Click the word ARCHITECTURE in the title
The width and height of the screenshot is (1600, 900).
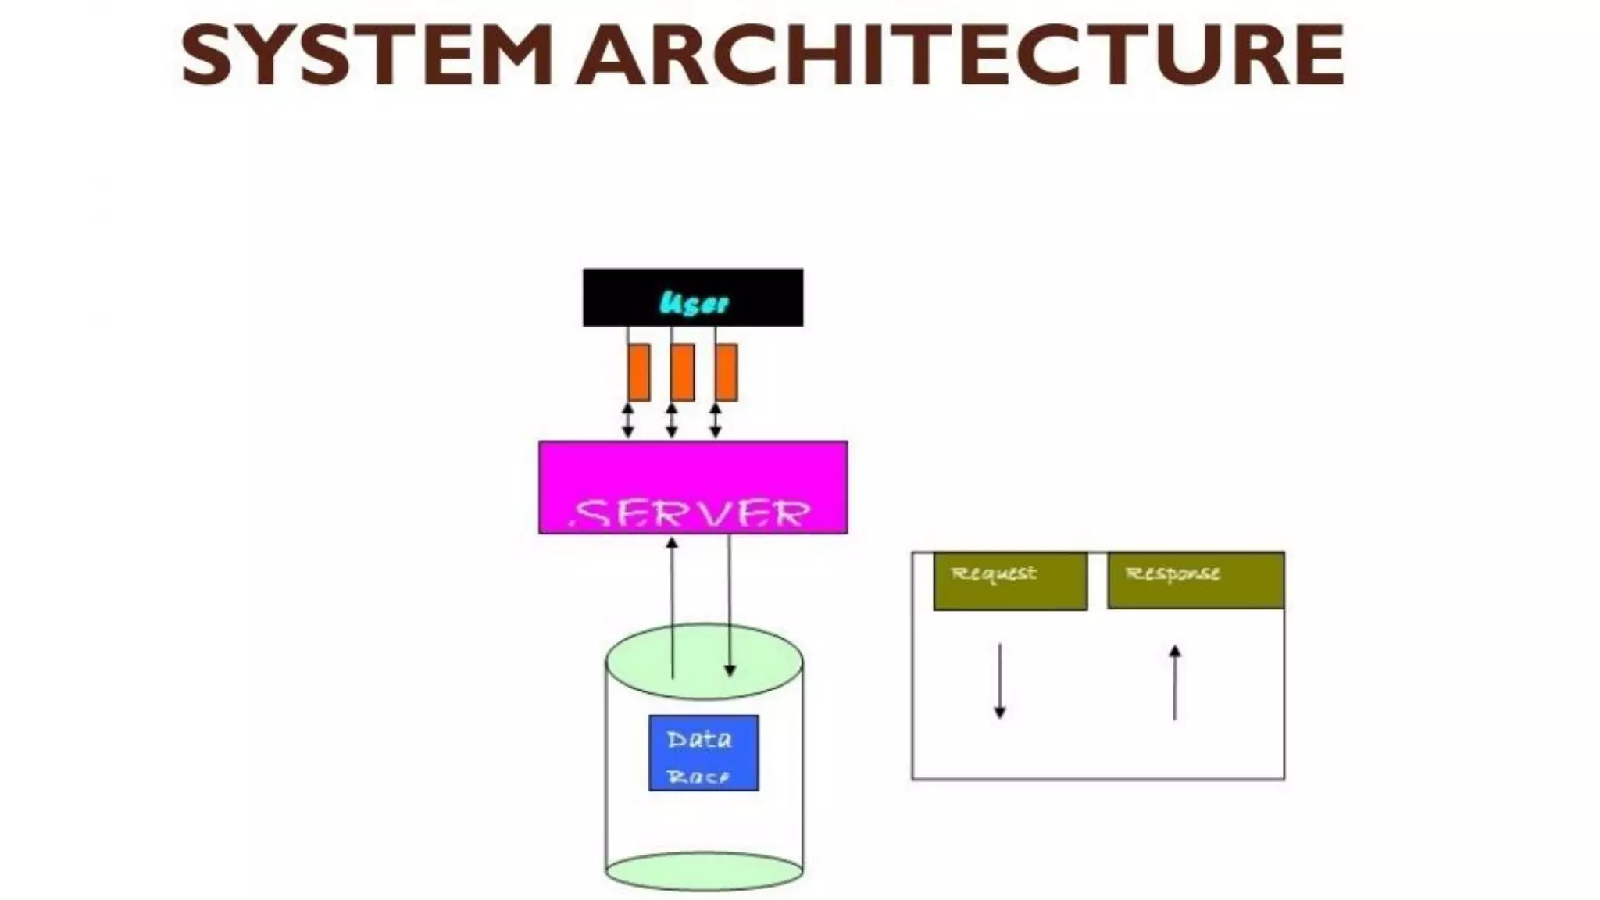coord(961,55)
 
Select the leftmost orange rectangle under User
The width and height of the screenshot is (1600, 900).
coord(639,373)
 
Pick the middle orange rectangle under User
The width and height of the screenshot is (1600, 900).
coord(683,373)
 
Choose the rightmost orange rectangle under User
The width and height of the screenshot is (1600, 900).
coord(727,373)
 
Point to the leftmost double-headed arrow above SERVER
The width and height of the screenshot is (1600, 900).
coord(627,420)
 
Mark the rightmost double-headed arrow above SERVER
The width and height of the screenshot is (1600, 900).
coord(716,420)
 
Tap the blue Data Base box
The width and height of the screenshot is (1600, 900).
coord(703,752)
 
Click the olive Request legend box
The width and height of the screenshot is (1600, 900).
coord(1010,581)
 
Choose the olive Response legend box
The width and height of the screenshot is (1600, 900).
coord(1195,581)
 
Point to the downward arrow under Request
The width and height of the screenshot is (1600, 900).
coord(999,680)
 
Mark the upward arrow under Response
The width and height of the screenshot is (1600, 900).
coord(1174,682)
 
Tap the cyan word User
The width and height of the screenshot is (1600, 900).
coord(694,302)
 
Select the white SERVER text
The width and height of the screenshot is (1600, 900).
coord(691,514)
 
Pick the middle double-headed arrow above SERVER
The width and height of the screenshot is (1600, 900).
coord(671,420)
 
